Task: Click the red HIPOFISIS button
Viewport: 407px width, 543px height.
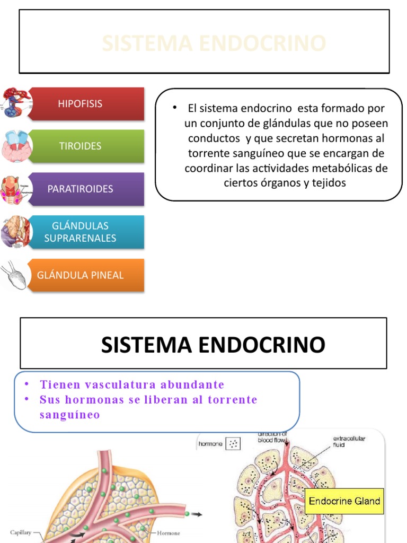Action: click(85, 103)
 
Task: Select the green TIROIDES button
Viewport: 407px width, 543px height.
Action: click(85, 146)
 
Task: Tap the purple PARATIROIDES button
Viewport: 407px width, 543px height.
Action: click(85, 189)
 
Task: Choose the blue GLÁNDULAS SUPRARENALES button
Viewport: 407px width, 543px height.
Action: click(85, 232)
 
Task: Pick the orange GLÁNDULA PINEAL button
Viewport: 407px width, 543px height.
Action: click(85, 275)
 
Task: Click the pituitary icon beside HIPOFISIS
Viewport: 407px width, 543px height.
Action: click(16, 103)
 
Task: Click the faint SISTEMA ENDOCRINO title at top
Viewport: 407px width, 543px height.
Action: click(214, 43)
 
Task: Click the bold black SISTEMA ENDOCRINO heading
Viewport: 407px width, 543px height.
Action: click(213, 345)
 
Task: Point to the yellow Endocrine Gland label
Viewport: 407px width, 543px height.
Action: click(344, 501)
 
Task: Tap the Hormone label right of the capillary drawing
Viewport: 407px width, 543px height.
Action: click(168, 533)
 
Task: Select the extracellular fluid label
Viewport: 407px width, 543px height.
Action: click(349, 442)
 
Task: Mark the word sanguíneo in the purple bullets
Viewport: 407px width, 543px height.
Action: click(69, 415)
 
